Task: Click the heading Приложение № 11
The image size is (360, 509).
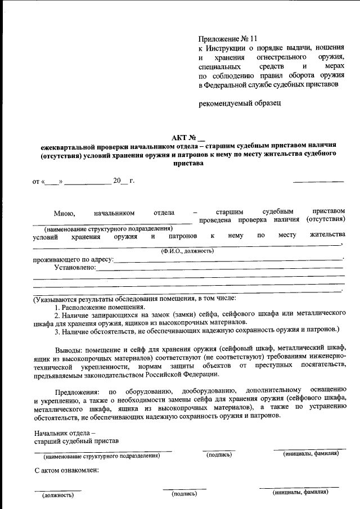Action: click(x=227, y=39)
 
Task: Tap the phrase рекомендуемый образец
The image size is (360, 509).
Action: click(x=236, y=103)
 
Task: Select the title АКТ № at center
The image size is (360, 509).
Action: click(x=188, y=137)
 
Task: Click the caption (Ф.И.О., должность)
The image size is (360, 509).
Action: click(x=187, y=250)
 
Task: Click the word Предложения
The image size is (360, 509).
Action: click(x=77, y=390)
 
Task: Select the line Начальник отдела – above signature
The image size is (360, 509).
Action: click(x=65, y=433)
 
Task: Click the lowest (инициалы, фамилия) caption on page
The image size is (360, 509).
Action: click(x=300, y=492)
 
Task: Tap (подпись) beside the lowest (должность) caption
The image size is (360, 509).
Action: click(x=184, y=494)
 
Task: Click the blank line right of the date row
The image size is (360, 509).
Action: click(x=318, y=181)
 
